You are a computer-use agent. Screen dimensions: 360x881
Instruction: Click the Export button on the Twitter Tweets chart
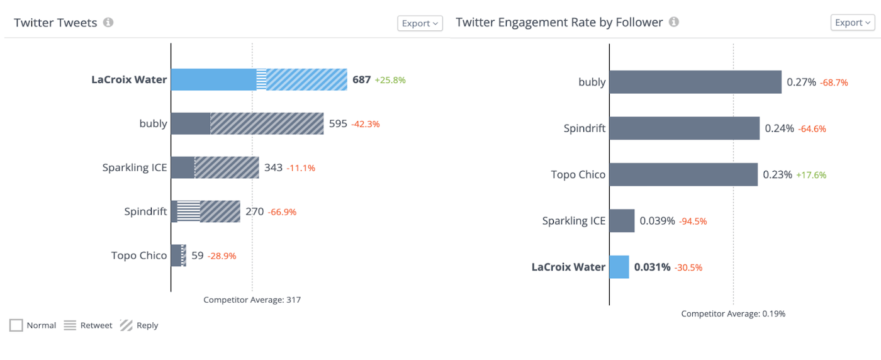[x=420, y=23]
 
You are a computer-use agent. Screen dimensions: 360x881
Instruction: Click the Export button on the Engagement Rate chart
[x=853, y=23]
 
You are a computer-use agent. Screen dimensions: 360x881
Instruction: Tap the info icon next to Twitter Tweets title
[x=108, y=23]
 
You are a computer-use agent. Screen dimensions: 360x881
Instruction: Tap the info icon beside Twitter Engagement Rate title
[x=674, y=23]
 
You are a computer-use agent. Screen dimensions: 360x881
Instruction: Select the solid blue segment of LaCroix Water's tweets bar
[x=213, y=80]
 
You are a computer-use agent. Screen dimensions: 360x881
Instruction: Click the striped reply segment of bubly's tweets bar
[x=267, y=124]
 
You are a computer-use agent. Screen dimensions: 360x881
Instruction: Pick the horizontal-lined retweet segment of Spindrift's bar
[x=189, y=211]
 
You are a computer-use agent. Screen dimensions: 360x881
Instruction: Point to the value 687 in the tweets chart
[x=361, y=80]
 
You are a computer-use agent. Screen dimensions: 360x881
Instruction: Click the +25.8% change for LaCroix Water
[x=390, y=80]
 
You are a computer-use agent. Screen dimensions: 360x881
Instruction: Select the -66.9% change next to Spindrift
[x=282, y=212]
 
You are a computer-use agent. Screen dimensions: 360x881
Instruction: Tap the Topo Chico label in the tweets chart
[x=139, y=256]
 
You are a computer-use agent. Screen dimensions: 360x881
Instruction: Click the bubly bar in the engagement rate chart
[x=695, y=82]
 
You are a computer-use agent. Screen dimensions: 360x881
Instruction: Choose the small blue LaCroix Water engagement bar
[x=619, y=267]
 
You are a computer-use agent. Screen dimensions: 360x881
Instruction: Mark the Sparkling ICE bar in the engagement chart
[x=622, y=221]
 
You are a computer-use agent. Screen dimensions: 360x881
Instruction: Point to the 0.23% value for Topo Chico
[x=777, y=175]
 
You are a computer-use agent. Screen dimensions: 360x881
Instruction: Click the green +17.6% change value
[x=811, y=175]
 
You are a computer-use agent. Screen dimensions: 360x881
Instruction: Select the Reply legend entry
[x=139, y=325]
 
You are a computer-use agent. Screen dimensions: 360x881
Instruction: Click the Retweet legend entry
[x=88, y=325]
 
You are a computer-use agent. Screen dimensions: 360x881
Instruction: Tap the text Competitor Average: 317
[x=252, y=300]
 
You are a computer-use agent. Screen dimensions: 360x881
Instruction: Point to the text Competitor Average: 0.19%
[x=733, y=313]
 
